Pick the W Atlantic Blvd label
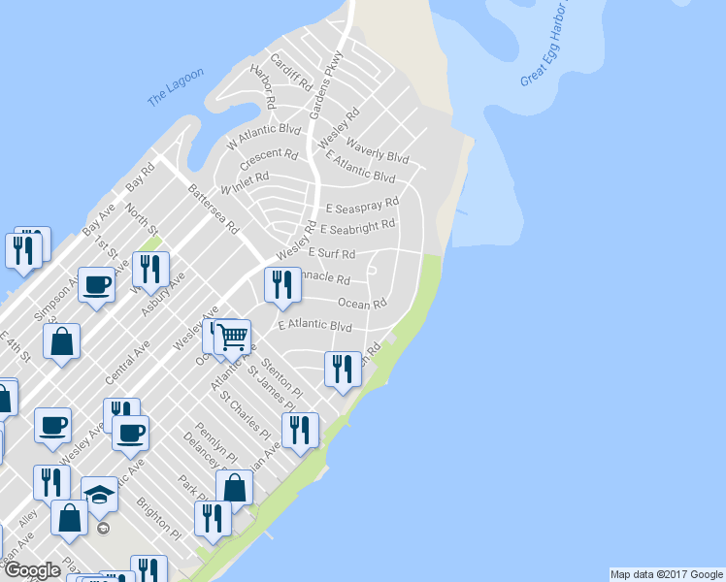[264, 135]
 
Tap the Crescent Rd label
[269, 155]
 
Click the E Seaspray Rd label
[362, 206]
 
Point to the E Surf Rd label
[332, 253]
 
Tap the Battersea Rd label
[214, 210]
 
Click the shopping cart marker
[232, 338]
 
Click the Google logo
[32, 570]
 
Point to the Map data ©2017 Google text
[665, 574]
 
